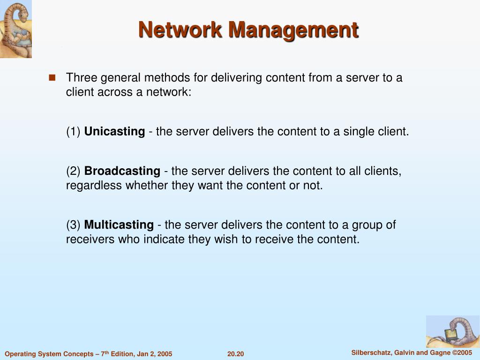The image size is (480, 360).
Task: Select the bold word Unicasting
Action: click(x=114, y=132)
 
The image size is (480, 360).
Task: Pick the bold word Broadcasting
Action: click(x=122, y=171)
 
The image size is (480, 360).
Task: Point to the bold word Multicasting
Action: click(x=119, y=225)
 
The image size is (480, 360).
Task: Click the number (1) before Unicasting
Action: click(x=74, y=132)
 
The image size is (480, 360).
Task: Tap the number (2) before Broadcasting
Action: click(x=74, y=171)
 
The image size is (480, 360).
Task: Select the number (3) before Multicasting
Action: click(x=74, y=225)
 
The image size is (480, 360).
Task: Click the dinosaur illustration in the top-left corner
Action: click(x=15, y=29)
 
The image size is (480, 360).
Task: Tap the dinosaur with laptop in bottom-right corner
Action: click(x=452, y=331)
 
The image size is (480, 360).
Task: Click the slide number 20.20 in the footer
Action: click(x=236, y=354)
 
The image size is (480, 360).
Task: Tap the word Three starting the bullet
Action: click(x=81, y=78)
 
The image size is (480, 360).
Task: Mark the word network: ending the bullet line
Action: click(x=169, y=92)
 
